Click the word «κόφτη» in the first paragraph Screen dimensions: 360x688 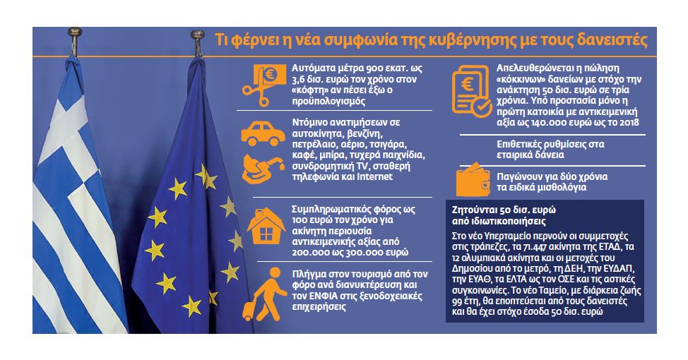click(x=309, y=90)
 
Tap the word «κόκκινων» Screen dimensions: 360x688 click(x=517, y=79)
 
